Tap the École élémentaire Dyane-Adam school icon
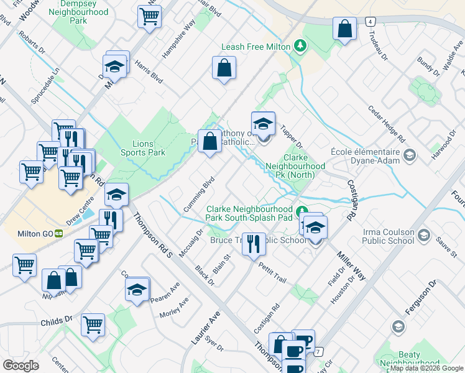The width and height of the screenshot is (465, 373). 409,154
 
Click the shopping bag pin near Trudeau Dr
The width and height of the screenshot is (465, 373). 344,29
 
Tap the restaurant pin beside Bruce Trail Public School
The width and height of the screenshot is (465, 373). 253,244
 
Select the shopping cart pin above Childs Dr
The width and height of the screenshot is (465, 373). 93,324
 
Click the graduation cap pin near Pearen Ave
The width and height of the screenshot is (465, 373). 137,289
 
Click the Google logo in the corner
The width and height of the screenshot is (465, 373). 21,366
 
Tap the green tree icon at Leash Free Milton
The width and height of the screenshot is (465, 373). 301,45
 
